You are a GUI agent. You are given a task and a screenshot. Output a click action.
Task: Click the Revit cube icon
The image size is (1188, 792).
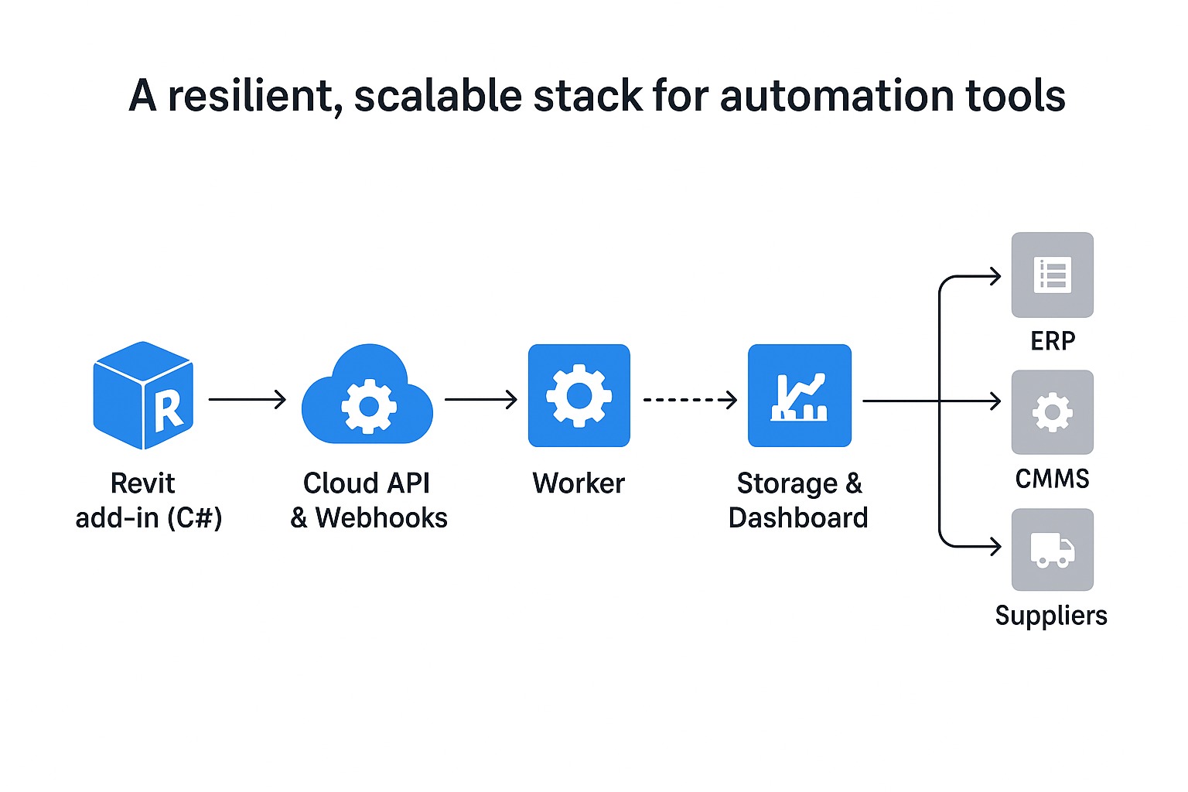pyautogui.click(x=143, y=395)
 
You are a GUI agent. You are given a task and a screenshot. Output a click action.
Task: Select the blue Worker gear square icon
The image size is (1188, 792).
pyautogui.click(x=579, y=395)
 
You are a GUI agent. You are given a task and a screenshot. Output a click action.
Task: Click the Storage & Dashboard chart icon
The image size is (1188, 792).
pyautogui.click(x=799, y=395)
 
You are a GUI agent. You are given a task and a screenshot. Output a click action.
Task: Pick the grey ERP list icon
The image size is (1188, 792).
pyautogui.click(x=1052, y=275)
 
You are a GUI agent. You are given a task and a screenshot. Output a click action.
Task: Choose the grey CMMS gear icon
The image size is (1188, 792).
pyautogui.click(x=1052, y=411)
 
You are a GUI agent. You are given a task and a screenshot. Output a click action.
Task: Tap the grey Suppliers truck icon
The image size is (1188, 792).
pyautogui.click(x=1052, y=549)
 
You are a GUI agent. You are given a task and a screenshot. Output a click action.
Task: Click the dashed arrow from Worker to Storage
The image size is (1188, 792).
pyautogui.click(x=689, y=400)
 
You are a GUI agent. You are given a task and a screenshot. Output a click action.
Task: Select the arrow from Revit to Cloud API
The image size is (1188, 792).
pyautogui.click(x=247, y=400)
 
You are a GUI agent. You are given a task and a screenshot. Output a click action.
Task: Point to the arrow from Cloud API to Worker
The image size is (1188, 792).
pyautogui.click(x=480, y=400)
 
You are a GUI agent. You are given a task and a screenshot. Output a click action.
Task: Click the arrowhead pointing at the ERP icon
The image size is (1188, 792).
pyautogui.click(x=995, y=276)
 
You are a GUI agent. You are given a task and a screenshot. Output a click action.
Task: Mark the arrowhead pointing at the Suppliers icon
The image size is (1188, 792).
pyautogui.click(x=995, y=547)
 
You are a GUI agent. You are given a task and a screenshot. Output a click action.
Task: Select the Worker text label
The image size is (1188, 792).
pyautogui.click(x=579, y=483)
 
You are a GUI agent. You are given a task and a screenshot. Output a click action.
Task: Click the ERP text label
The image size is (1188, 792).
pyautogui.click(x=1053, y=341)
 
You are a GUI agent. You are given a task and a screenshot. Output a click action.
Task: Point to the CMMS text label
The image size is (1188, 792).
pyautogui.click(x=1052, y=479)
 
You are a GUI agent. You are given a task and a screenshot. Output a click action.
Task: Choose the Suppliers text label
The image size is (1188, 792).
pyautogui.click(x=1051, y=616)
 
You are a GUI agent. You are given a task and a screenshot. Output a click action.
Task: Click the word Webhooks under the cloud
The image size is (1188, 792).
pyautogui.click(x=381, y=517)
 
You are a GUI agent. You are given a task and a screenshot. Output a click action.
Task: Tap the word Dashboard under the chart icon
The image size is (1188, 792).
pyautogui.click(x=798, y=517)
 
